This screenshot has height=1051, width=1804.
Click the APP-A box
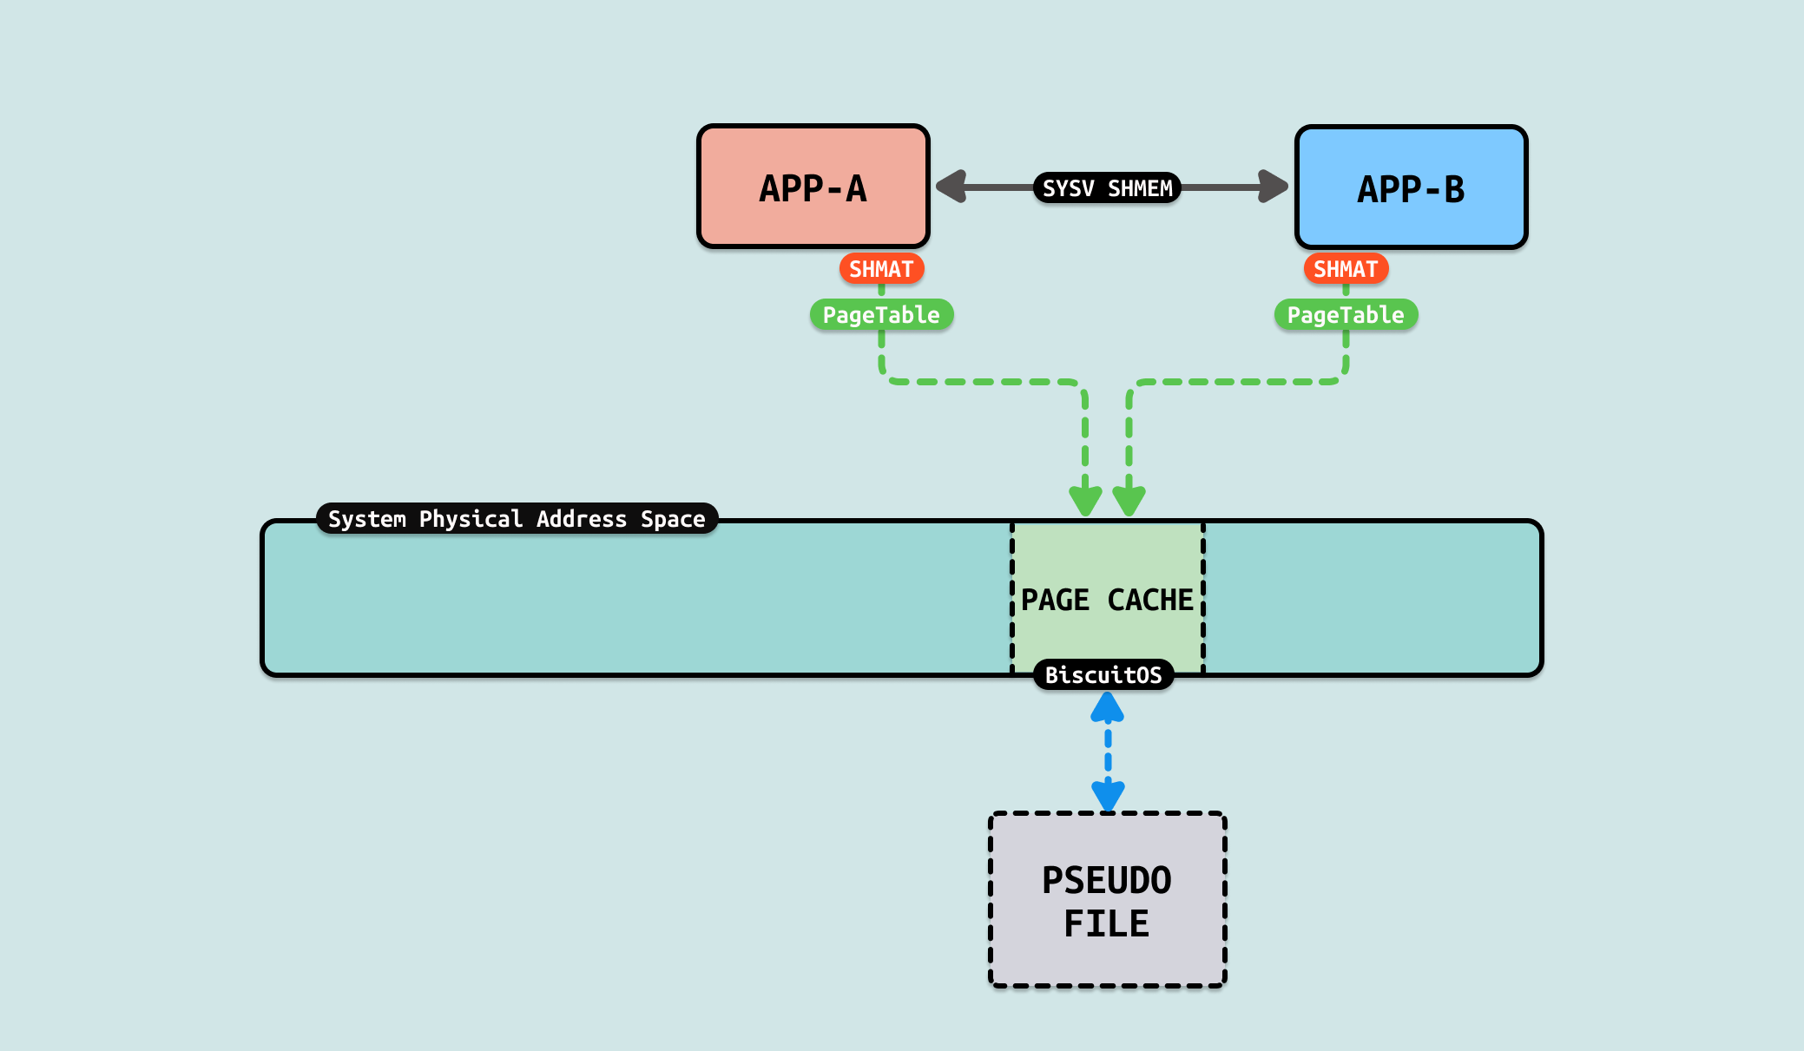pos(813,187)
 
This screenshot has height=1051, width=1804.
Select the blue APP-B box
pos(1411,187)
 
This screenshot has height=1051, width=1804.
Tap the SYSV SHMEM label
pos(1107,187)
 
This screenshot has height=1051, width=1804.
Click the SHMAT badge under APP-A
pos(881,269)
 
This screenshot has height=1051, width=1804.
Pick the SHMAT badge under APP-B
pos(1346,269)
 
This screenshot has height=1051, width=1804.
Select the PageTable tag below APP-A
pos(881,314)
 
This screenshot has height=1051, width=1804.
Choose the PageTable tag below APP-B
pos(1346,314)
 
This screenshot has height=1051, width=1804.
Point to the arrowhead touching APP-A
pos(952,187)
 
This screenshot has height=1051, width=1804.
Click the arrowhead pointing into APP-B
pos(1272,187)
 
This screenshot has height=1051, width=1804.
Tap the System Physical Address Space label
pos(517,519)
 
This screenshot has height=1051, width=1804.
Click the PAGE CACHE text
pos(1107,600)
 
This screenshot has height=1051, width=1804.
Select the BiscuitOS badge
pos(1103,674)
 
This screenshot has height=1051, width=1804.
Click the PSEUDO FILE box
pos(1108,900)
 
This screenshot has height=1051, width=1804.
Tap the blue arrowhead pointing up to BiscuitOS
pos(1108,708)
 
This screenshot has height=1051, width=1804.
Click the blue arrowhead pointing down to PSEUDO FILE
pos(1108,794)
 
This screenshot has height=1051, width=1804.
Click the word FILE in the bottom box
pos(1107,923)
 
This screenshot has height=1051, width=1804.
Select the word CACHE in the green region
pos(1150,600)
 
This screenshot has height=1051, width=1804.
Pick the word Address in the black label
pos(582,519)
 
